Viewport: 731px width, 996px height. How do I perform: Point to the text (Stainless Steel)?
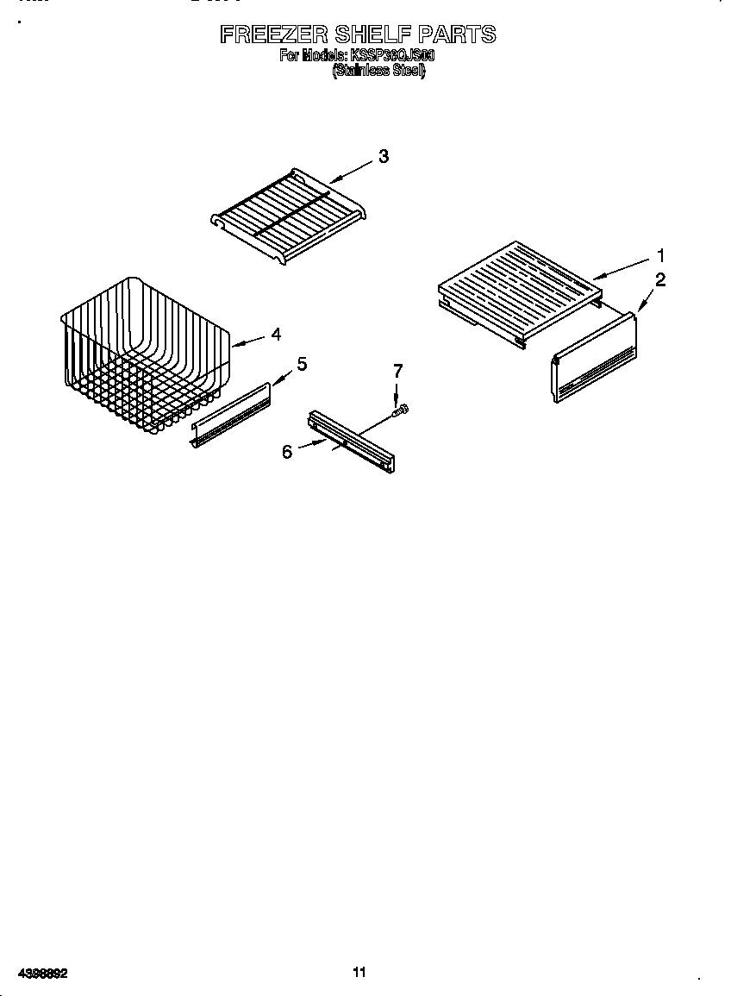pos(379,72)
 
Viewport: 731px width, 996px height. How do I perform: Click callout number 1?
pos(660,255)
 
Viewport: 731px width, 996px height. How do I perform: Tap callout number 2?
pos(660,279)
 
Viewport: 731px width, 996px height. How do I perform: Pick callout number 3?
pos(384,156)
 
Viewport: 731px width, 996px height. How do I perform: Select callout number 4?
pos(276,335)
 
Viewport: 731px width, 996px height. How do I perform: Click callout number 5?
pos(302,364)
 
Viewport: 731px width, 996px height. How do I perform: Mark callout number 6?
pos(287,451)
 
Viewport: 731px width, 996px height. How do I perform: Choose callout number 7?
pos(397,371)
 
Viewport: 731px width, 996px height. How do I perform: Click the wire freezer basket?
pos(147,354)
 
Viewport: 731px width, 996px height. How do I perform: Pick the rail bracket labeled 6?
pos(353,442)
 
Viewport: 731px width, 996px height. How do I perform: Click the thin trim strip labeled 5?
pos(231,417)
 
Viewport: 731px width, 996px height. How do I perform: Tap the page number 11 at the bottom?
pos(359,972)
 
